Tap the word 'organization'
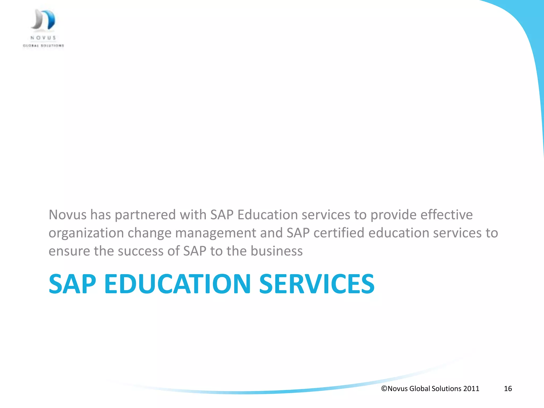pos(86,233)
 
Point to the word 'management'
pos(215,233)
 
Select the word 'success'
pos(141,251)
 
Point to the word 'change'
pos(149,233)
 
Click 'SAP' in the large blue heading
pos(72,284)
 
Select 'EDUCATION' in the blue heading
pos(177,284)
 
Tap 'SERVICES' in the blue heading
pos(317,284)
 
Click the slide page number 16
pos(508,389)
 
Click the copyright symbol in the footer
pos(384,389)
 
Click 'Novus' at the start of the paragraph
pos(67,215)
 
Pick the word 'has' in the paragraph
pos(100,215)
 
